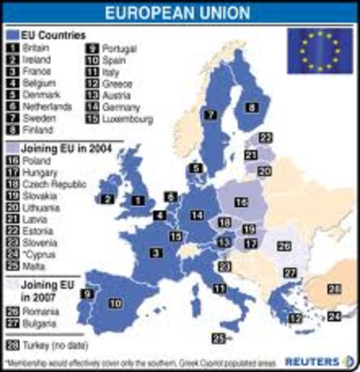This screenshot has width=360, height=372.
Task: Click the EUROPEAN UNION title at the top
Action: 179,13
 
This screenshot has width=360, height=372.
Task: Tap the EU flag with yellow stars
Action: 320,50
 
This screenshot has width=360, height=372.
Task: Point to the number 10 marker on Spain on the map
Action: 115,303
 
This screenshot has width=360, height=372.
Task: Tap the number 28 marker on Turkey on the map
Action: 334,290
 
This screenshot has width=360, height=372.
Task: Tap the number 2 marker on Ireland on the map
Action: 107,198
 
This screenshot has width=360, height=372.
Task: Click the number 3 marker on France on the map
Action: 158,252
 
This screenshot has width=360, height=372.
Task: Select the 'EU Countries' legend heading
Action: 50,35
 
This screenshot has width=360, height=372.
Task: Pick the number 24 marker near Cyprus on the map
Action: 333,316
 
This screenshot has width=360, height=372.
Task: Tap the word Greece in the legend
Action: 117,83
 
